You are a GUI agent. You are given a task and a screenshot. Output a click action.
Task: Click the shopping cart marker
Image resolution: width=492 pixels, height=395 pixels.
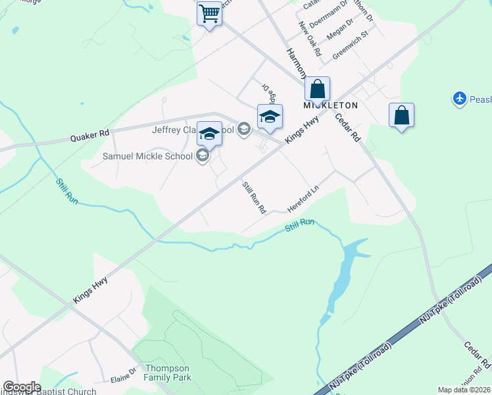[209, 13]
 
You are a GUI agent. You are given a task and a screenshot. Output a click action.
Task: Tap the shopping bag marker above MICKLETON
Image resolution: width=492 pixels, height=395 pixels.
[317, 90]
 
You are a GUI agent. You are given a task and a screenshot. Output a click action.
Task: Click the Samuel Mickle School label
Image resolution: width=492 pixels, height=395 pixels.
[147, 156]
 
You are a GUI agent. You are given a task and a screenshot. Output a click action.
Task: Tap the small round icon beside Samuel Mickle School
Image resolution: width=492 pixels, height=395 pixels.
[203, 156]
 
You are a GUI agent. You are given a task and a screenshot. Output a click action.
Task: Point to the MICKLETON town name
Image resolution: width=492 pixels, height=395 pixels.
[330, 105]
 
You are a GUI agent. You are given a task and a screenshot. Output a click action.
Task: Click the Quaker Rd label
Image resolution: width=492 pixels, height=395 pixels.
[90, 136]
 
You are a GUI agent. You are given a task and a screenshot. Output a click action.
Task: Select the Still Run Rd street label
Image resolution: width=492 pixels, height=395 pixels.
[254, 197]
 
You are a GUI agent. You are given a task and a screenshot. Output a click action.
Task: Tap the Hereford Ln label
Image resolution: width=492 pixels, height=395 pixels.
[303, 199]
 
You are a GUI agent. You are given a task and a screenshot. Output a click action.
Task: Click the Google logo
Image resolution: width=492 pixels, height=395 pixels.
[22, 387]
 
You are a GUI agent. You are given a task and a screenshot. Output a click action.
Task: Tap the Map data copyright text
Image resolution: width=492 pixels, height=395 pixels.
[464, 390]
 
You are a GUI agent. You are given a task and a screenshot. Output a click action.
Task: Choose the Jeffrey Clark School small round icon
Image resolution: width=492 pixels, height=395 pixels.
[244, 129]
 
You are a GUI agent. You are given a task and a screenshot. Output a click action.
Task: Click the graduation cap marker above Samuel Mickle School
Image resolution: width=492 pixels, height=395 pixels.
[209, 134]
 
